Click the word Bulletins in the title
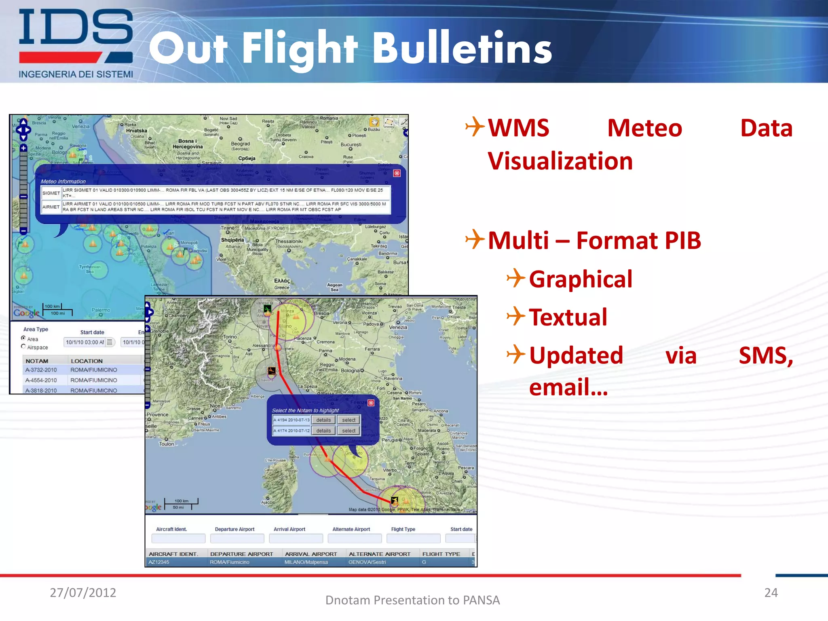pyautogui.click(x=462, y=49)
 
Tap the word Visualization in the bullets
pyautogui.click(x=560, y=161)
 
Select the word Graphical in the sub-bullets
pyautogui.click(x=581, y=279)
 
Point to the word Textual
pyautogui.click(x=568, y=317)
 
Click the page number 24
pyautogui.click(x=771, y=593)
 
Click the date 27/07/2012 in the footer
pyautogui.click(x=83, y=593)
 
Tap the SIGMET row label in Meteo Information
pyautogui.click(x=51, y=193)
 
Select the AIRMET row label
pyautogui.click(x=51, y=207)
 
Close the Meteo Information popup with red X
pyautogui.click(x=397, y=173)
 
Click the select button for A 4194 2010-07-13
pyautogui.click(x=349, y=420)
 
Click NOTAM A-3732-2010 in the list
pyautogui.click(x=41, y=370)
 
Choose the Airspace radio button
pyautogui.click(x=23, y=346)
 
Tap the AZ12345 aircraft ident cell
pyautogui.click(x=159, y=562)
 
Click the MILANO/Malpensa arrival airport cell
pyautogui.click(x=306, y=562)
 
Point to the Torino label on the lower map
pyautogui.click(x=230, y=337)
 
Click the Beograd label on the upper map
pyautogui.click(x=241, y=144)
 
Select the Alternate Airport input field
pyautogui.click(x=355, y=539)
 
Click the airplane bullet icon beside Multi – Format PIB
pyautogui.click(x=475, y=239)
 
